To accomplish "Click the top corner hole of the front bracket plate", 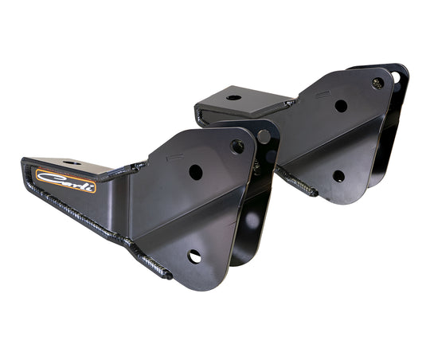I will [236, 146].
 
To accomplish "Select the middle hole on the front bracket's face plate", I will [196, 172].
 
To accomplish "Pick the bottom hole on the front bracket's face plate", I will [194, 256].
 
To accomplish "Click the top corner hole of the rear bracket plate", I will [377, 83].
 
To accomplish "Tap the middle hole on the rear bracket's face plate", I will [341, 106].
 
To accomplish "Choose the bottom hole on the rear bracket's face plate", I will [338, 176].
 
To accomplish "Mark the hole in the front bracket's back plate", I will [264, 136].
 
